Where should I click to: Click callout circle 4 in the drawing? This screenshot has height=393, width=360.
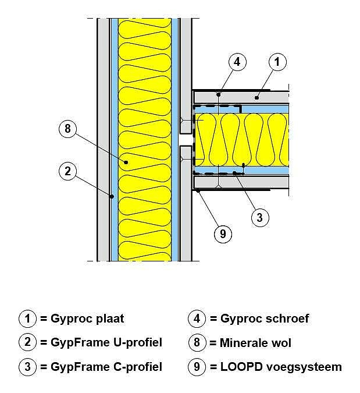click(237, 62)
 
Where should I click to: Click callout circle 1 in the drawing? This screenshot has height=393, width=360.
click(277, 62)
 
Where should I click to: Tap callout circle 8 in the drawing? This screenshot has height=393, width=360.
click(67, 129)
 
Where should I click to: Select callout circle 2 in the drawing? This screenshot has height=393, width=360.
click(67, 171)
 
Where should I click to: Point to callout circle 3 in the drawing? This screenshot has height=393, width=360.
click(260, 217)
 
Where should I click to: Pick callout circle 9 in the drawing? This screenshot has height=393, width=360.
click(223, 234)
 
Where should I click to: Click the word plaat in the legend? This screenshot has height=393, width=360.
click(110, 319)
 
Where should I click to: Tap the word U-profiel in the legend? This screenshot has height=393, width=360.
click(138, 343)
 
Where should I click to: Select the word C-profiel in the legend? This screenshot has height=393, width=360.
click(138, 367)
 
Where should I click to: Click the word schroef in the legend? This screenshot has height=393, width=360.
click(287, 318)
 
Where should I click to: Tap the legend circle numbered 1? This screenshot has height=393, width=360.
click(27, 318)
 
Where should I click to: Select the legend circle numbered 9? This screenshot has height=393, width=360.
click(197, 367)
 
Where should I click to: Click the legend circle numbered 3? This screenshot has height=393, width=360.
click(27, 367)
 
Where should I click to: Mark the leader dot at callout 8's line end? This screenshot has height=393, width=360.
click(126, 162)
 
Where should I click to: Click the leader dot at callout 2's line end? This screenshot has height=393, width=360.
click(112, 196)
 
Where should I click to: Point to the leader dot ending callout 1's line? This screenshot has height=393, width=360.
click(256, 97)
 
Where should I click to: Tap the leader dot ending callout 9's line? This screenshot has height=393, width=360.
click(198, 191)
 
